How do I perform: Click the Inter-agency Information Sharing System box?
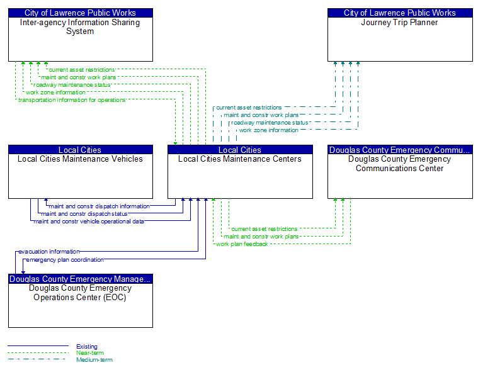click(81, 35)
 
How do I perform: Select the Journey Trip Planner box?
click(400, 35)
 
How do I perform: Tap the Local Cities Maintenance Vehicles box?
click(81, 172)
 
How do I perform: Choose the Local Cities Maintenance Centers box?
click(240, 172)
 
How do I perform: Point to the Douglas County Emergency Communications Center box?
click(400, 172)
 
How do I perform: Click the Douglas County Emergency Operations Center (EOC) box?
click(81, 301)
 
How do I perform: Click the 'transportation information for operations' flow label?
click(72, 100)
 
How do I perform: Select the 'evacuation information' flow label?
click(49, 252)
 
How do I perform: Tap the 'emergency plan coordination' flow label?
click(65, 260)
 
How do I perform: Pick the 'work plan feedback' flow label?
click(242, 244)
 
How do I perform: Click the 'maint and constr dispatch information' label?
click(100, 206)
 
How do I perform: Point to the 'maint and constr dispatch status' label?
click(84, 214)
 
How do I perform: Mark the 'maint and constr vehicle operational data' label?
click(89, 221)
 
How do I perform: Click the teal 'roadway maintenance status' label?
click(270, 123)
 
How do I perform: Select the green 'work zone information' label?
click(55, 92)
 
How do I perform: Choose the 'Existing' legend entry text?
click(87, 347)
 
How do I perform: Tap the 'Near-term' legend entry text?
click(90, 353)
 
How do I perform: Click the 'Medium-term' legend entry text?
click(94, 360)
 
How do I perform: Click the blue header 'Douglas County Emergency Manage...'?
click(81, 279)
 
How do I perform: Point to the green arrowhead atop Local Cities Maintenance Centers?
click(175, 143)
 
